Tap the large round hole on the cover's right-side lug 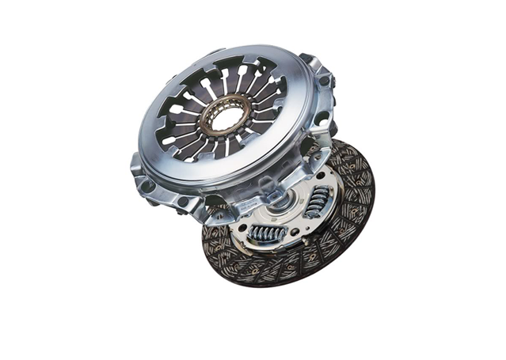coord(321,119)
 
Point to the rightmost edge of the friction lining coord(373,190)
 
